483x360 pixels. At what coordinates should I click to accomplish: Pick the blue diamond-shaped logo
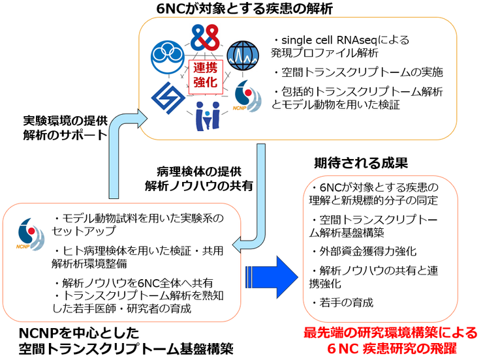point(168,97)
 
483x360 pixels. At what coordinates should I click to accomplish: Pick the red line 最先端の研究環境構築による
point(390,333)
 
